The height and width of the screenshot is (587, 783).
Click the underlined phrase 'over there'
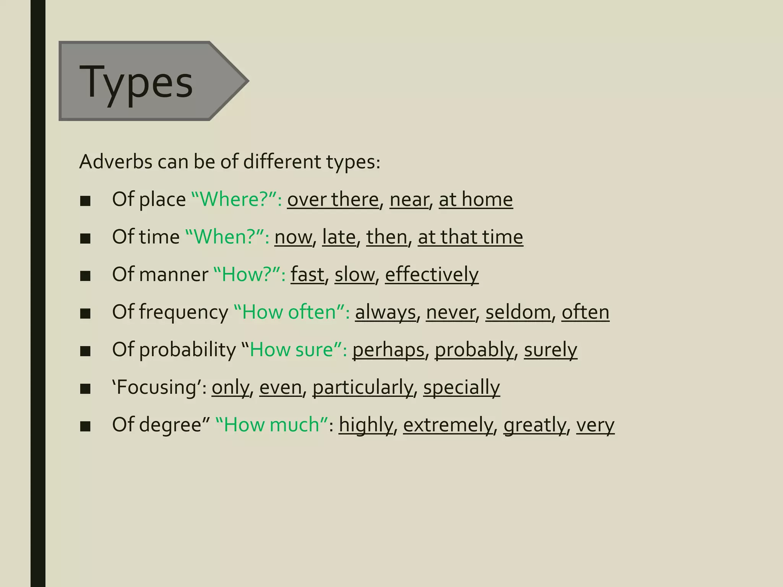333,199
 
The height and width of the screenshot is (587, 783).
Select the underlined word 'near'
409,199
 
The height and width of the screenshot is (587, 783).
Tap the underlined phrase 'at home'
476,199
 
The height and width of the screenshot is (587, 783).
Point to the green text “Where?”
236,199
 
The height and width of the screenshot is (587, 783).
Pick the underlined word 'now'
293,237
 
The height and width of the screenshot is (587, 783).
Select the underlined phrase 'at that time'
470,237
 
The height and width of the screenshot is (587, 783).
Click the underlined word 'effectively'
432,274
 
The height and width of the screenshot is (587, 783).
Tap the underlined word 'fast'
307,274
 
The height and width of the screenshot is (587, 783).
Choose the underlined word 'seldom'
518,312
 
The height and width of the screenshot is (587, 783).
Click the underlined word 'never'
451,312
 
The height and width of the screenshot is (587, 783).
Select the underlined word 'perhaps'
388,350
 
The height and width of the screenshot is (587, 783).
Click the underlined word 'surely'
550,350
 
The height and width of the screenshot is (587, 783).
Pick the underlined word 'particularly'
363,387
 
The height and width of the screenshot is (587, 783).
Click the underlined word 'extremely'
448,425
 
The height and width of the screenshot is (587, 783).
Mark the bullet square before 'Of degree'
85,426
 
